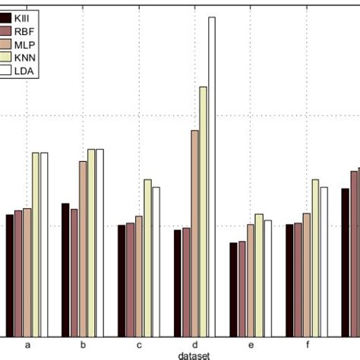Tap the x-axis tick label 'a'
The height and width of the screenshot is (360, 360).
point(27,346)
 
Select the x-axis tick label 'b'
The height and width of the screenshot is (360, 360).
point(83,346)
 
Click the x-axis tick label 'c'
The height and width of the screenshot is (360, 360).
point(139,346)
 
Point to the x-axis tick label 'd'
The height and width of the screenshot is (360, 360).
point(194,346)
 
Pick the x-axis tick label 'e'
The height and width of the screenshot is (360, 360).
point(251,346)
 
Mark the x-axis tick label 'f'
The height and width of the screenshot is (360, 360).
point(306,346)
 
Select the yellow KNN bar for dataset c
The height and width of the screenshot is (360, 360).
point(147,257)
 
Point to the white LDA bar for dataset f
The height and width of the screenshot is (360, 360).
point(324,261)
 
